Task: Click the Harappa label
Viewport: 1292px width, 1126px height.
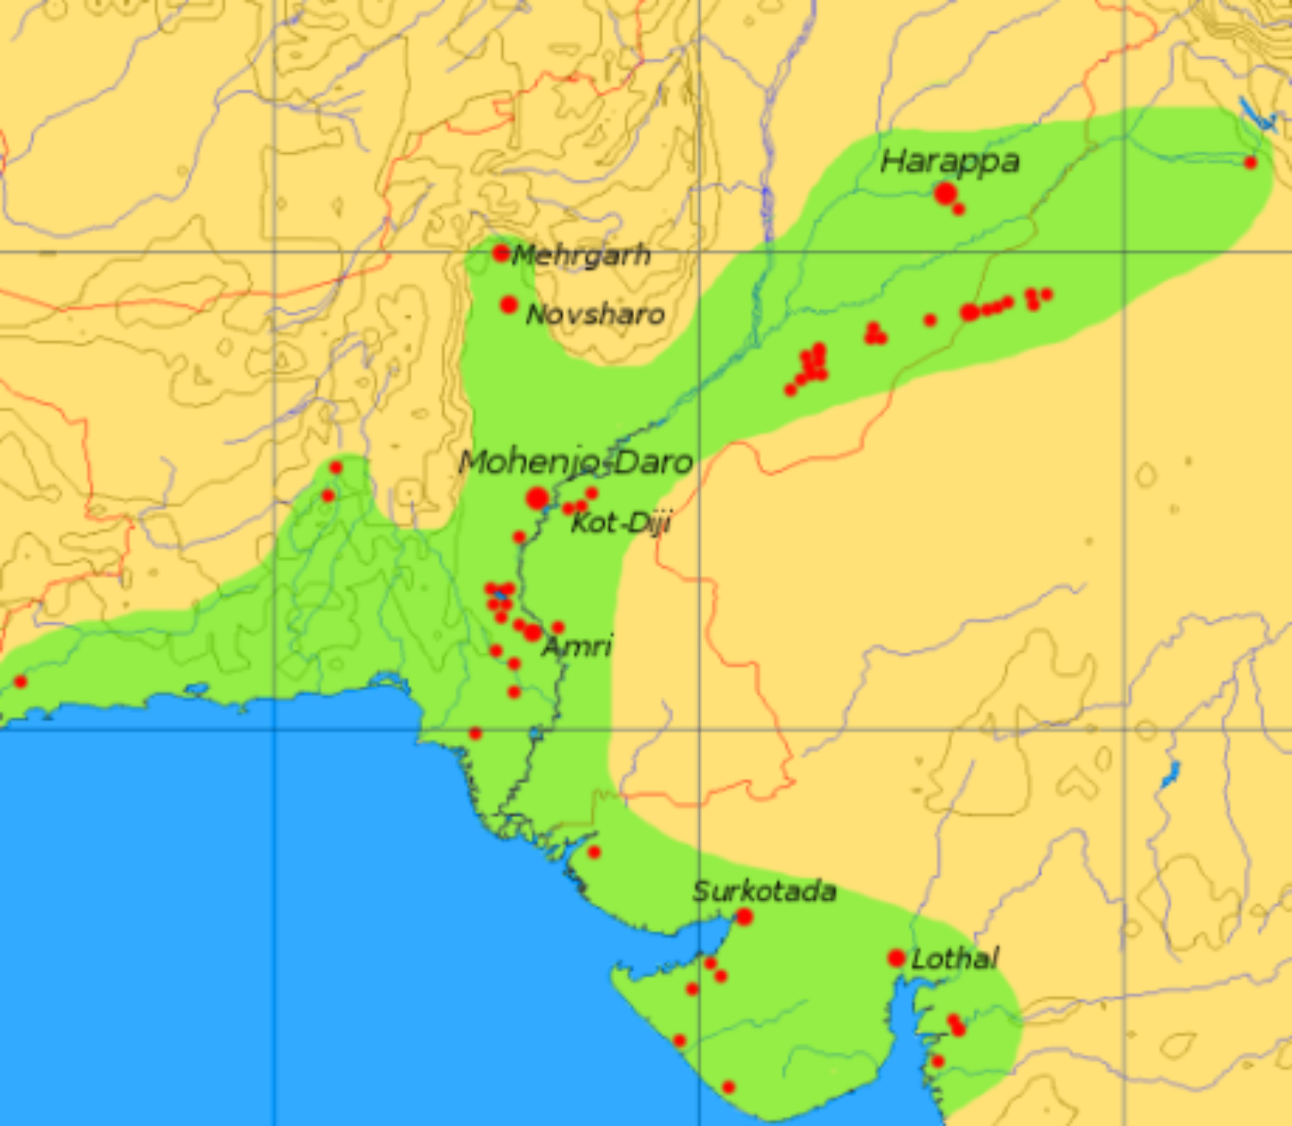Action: [x=950, y=161]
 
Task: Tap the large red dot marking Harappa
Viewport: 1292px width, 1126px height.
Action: [x=945, y=193]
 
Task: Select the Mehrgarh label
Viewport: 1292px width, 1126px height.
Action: [x=581, y=255]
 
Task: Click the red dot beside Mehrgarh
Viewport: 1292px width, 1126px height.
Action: [x=501, y=252]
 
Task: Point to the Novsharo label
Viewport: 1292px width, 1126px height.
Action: [x=595, y=315]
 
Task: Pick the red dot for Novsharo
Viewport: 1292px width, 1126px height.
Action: [x=509, y=304]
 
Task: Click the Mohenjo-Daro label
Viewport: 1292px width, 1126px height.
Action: [x=576, y=462]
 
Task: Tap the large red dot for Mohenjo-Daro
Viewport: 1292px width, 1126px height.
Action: [x=537, y=499]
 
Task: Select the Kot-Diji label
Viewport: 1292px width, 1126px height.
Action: [x=621, y=523]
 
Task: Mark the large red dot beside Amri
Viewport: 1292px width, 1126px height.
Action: [x=532, y=632]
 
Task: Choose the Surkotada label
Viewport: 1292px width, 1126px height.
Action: [x=764, y=891]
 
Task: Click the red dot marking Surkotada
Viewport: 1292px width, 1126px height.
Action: [x=744, y=917]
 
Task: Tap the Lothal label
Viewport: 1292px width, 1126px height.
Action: [x=955, y=959]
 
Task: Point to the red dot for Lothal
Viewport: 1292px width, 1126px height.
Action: [x=897, y=958]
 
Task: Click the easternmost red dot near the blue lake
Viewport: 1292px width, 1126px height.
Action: [x=1250, y=162]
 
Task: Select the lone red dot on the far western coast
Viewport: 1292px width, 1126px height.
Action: [x=21, y=681]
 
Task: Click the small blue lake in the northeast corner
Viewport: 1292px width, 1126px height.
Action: [x=1258, y=118]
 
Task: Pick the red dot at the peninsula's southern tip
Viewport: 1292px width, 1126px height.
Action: [x=728, y=1087]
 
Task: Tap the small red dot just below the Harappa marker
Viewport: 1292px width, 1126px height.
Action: [x=959, y=209]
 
